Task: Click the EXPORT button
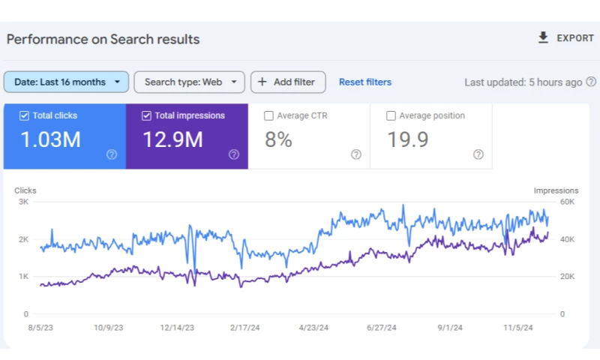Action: point(565,38)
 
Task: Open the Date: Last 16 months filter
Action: point(66,82)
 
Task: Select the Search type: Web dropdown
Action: point(189,82)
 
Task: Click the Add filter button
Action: point(288,82)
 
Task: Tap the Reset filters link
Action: point(365,82)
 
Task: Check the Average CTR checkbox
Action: point(269,116)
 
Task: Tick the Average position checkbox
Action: point(391,116)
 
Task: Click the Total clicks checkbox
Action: point(25,116)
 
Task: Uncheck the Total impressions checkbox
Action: point(146,116)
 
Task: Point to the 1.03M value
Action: point(50,139)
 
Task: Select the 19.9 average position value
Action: point(407,139)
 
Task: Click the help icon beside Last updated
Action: point(591,82)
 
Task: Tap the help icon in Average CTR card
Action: point(356,154)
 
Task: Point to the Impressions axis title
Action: point(556,190)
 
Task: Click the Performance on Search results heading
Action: point(103,39)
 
